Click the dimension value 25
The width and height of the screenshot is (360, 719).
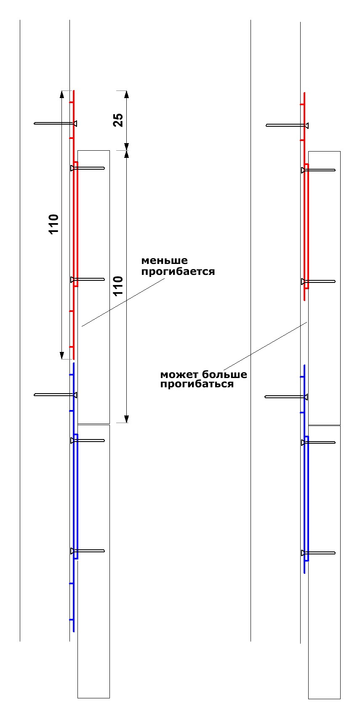[x=118, y=120]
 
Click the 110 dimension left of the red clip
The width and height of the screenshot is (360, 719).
[x=54, y=224]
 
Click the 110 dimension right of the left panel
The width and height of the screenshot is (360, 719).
[x=118, y=285]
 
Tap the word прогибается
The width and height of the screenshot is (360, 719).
[x=178, y=272]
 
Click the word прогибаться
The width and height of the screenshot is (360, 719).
[x=197, y=384]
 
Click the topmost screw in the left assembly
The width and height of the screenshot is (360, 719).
[x=55, y=123]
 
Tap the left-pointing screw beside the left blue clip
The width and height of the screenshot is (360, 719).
[x=55, y=394]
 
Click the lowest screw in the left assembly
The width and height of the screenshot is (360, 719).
[x=88, y=551]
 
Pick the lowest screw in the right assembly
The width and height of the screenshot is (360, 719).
[x=318, y=553]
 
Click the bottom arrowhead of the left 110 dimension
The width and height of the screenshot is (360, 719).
[x=62, y=355]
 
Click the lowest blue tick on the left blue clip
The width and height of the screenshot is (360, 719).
[x=72, y=620]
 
